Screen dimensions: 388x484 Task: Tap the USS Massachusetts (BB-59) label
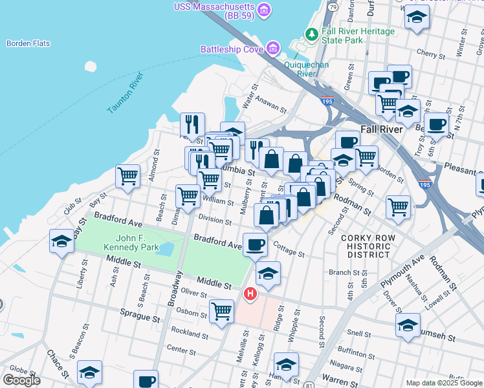[214, 8]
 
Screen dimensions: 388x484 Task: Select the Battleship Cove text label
[230, 49]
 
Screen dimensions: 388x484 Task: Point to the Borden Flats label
[28, 43]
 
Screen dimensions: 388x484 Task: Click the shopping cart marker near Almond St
[128, 175]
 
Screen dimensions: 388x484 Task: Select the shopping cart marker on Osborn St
[222, 310]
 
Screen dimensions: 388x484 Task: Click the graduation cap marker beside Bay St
[61, 242]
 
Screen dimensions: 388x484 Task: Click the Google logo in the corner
[21, 380]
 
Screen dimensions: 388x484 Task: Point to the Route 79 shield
[333, 6]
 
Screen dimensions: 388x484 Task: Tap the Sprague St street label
[139, 318]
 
